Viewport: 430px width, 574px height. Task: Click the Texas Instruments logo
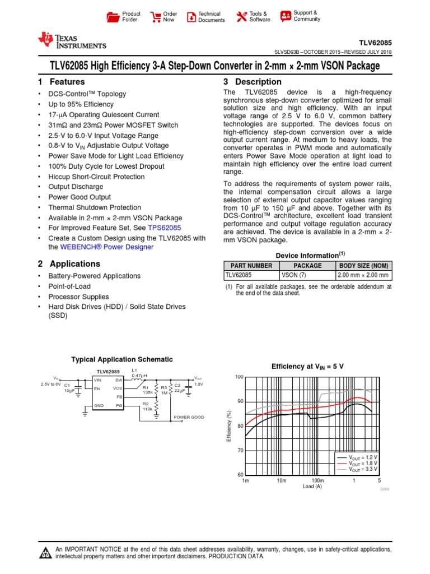click(x=71, y=41)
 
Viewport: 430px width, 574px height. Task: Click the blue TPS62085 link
click(x=165, y=228)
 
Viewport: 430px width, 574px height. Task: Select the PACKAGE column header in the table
click(x=307, y=266)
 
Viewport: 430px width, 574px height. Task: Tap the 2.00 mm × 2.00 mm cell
click(x=363, y=275)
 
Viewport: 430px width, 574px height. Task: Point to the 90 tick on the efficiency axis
click(x=240, y=401)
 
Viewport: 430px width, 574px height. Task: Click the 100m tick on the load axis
click(x=317, y=481)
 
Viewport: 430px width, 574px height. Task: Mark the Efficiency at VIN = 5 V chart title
click(x=307, y=366)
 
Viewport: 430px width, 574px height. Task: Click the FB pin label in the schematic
click(x=119, y=396)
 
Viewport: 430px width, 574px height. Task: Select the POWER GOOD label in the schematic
click(x=189, y=417)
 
